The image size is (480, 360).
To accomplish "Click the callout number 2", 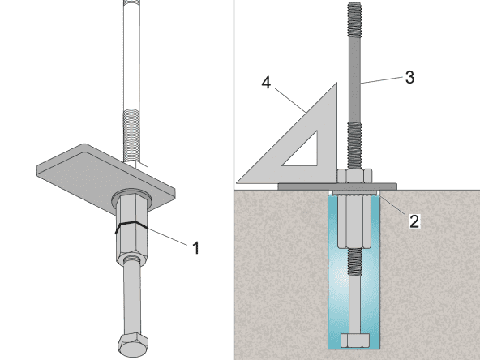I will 414,221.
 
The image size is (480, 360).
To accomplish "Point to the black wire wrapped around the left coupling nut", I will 129,226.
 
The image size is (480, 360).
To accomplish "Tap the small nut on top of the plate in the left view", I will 134,167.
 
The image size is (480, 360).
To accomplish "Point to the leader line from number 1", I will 166,237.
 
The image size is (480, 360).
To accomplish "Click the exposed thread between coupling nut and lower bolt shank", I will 354,261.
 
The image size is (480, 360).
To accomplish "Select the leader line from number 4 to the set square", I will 289,97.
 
